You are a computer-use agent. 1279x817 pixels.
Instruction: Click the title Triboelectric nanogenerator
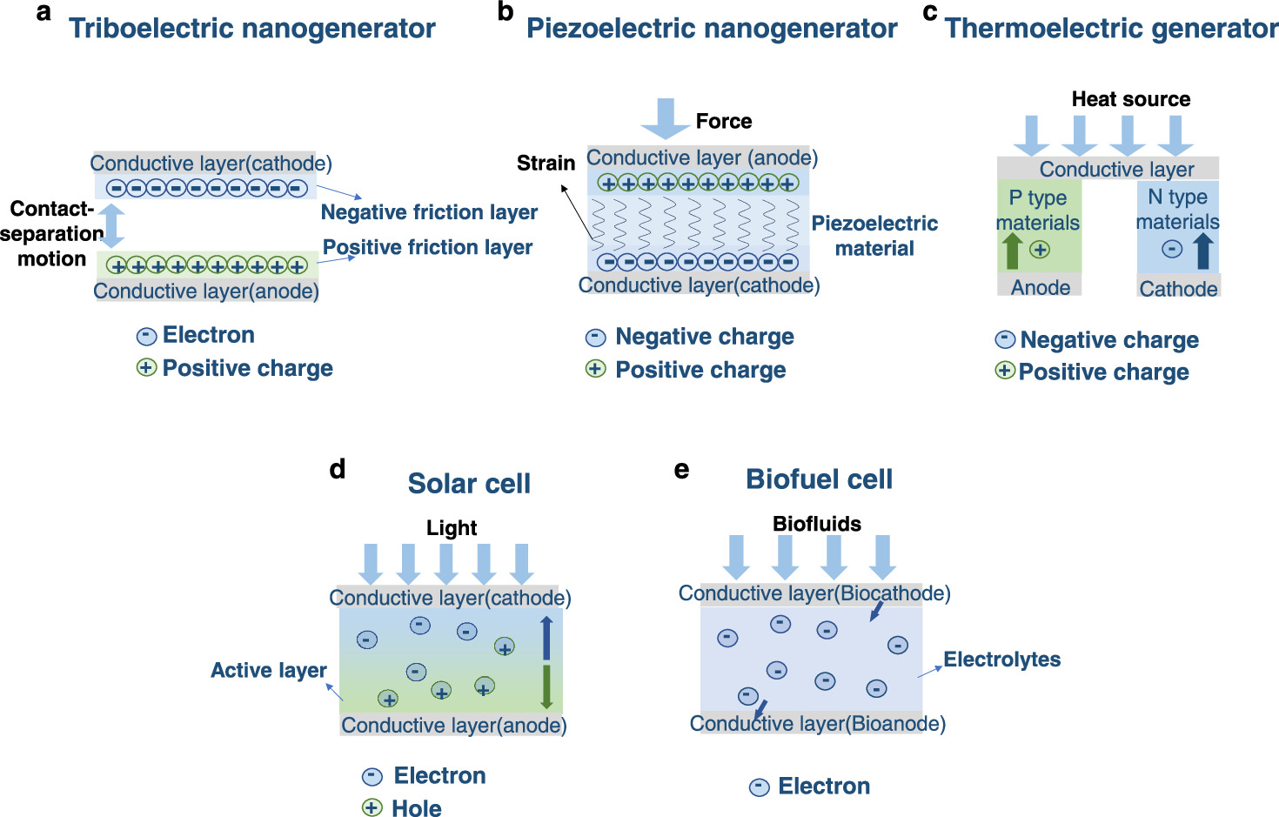tap(251, 29)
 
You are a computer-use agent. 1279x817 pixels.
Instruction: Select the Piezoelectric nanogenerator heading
tap(711, 29)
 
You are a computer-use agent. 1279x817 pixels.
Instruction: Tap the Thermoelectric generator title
tap(1111, 29)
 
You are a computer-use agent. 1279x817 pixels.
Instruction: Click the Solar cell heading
tap(469, 484)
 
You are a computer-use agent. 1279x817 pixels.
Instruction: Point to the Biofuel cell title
tap(819, 479)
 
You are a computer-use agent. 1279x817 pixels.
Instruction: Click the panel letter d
tap(338, 470)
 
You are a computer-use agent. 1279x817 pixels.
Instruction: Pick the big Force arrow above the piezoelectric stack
tap(666, 118)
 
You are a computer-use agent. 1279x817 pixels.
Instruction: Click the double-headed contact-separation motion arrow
tap(111, 226)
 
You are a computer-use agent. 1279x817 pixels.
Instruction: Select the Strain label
tap(546, 163)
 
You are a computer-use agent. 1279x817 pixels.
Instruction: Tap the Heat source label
tap(1130, 99)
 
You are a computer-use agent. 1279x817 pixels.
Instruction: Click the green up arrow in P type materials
tap(1012, 251)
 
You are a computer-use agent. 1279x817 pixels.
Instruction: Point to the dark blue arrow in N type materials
tap(1203, 251)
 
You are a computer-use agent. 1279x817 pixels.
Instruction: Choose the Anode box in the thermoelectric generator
tap(1040, 287)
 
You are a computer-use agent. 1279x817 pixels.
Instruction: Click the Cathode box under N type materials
tap(1178, 288)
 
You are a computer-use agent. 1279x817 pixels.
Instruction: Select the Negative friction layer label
tap(429, 212)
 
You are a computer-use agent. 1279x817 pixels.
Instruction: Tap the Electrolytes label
tap(1001, 660)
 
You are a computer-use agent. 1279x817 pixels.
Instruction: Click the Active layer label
tap(269, 671)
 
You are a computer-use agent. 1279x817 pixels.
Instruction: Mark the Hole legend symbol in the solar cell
tap(372, 807)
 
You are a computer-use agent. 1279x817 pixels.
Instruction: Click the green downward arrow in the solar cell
tap(546, 687)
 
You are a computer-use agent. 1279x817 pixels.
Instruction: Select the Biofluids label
tap(816, 524)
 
